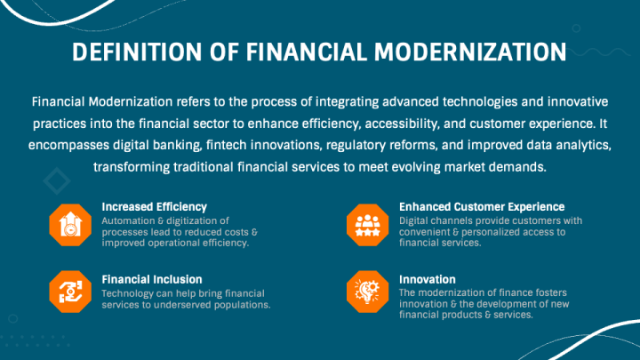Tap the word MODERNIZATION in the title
[470, 52]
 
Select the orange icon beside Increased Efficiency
[70, 225]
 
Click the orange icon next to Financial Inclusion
[70, 292]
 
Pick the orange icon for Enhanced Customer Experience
[367, 225]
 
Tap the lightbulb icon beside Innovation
[367, 292]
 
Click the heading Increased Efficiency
[155, 207]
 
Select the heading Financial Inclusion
[152, 280]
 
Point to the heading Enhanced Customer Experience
[482, 207]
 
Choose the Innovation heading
[428, 280]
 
